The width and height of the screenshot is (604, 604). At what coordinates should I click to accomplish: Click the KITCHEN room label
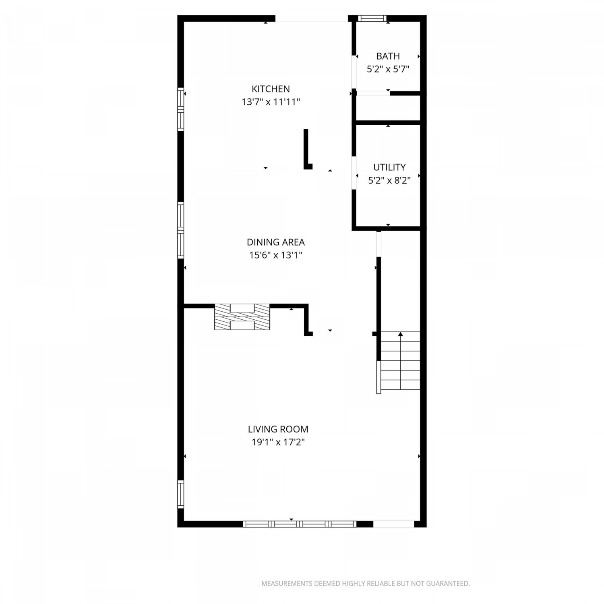coord(271,89)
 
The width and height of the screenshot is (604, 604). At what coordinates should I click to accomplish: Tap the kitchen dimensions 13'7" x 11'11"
coord(271,102)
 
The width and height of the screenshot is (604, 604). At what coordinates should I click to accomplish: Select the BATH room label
coord(388,56)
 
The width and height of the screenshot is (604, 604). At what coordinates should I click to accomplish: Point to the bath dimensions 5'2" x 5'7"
coord(388,69)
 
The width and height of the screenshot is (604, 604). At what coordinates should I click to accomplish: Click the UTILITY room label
coord(389,167)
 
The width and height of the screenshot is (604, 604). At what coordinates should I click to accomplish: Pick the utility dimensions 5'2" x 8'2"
coord(389,180)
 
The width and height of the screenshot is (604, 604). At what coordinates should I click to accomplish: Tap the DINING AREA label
coord(275,242)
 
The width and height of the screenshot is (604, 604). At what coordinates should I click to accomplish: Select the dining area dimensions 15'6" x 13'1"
coord(275,255)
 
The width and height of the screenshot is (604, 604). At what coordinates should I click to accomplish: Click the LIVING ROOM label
coord(278,429)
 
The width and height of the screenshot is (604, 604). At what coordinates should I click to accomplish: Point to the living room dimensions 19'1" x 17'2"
coord(278,442)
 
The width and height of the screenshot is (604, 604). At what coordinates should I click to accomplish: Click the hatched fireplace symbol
coord(242,317)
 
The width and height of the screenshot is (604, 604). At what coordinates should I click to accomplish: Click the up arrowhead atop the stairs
coord(400,334)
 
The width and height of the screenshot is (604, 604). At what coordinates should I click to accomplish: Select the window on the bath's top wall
coord(372,18)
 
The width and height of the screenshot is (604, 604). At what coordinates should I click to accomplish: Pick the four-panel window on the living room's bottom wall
coord(300,524)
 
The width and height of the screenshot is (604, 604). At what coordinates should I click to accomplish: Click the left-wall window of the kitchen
coord(181,109)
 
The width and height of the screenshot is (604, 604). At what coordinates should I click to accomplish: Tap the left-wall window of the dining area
coord(181,230)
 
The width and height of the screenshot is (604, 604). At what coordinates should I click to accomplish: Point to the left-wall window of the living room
coord(181,494)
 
